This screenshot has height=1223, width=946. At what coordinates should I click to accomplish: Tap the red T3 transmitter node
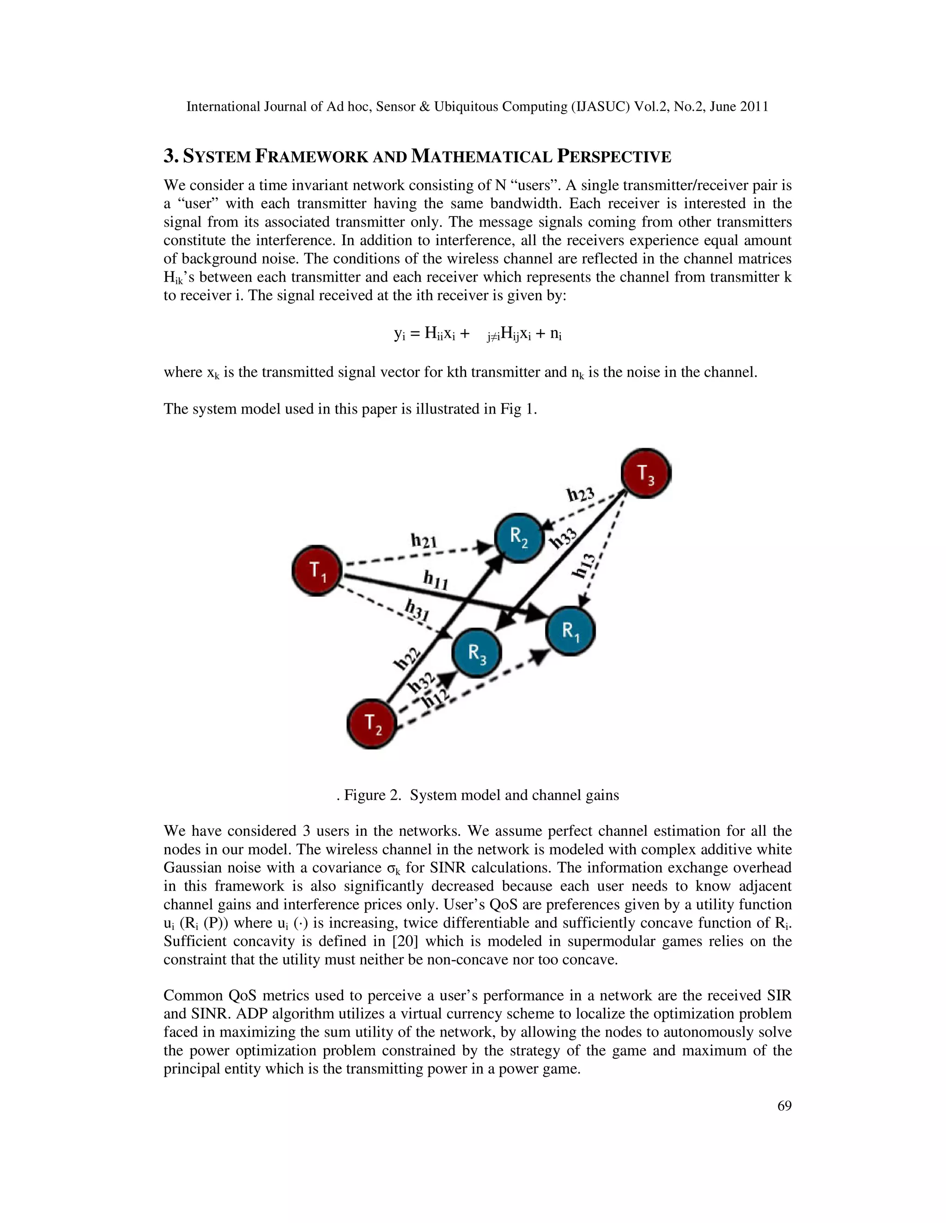coord(646,473)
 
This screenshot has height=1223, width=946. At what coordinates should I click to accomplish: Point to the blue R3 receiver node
coord(477,653)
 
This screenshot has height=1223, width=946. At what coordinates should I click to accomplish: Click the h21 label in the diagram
coord(424,541)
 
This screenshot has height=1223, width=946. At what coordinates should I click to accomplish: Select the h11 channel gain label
coord(436,580)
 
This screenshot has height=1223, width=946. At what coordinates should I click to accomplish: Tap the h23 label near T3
coord(580,494)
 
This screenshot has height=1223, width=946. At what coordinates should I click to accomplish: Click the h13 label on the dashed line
coord(583,566)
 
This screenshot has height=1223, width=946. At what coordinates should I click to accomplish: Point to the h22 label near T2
coord(407,658)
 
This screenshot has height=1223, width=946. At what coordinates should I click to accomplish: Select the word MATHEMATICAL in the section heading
coord(481,156)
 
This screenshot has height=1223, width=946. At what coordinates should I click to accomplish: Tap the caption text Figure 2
coord(372,795)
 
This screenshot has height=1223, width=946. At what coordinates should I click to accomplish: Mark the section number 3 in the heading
coord(169,156)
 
